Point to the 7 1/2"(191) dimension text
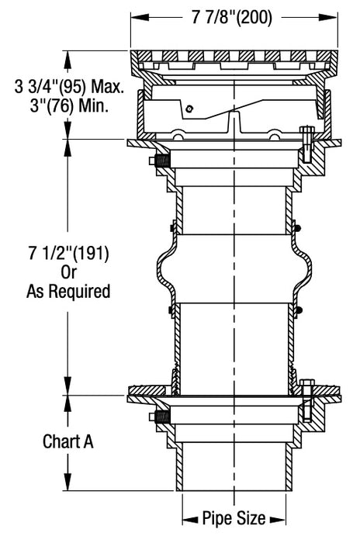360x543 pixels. point(69,254)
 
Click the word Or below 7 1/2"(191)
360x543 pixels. point(69,272)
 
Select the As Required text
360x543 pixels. point(69,292)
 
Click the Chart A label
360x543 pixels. point(67,441)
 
